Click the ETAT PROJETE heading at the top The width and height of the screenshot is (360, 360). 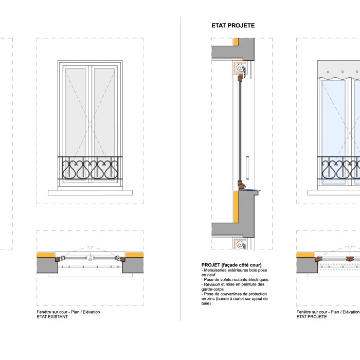233,25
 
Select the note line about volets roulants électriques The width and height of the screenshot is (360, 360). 235,280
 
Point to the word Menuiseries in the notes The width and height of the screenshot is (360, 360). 216,270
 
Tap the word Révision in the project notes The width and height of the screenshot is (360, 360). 212,284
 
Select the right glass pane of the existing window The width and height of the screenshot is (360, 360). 105,111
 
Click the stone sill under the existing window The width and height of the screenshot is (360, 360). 90,192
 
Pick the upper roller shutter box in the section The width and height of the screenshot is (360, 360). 240,67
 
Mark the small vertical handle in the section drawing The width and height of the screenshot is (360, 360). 247,165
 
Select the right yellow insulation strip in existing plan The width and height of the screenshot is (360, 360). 133,255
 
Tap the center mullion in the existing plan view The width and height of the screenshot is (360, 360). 90,257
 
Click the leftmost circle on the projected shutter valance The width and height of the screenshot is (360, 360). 328,72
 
